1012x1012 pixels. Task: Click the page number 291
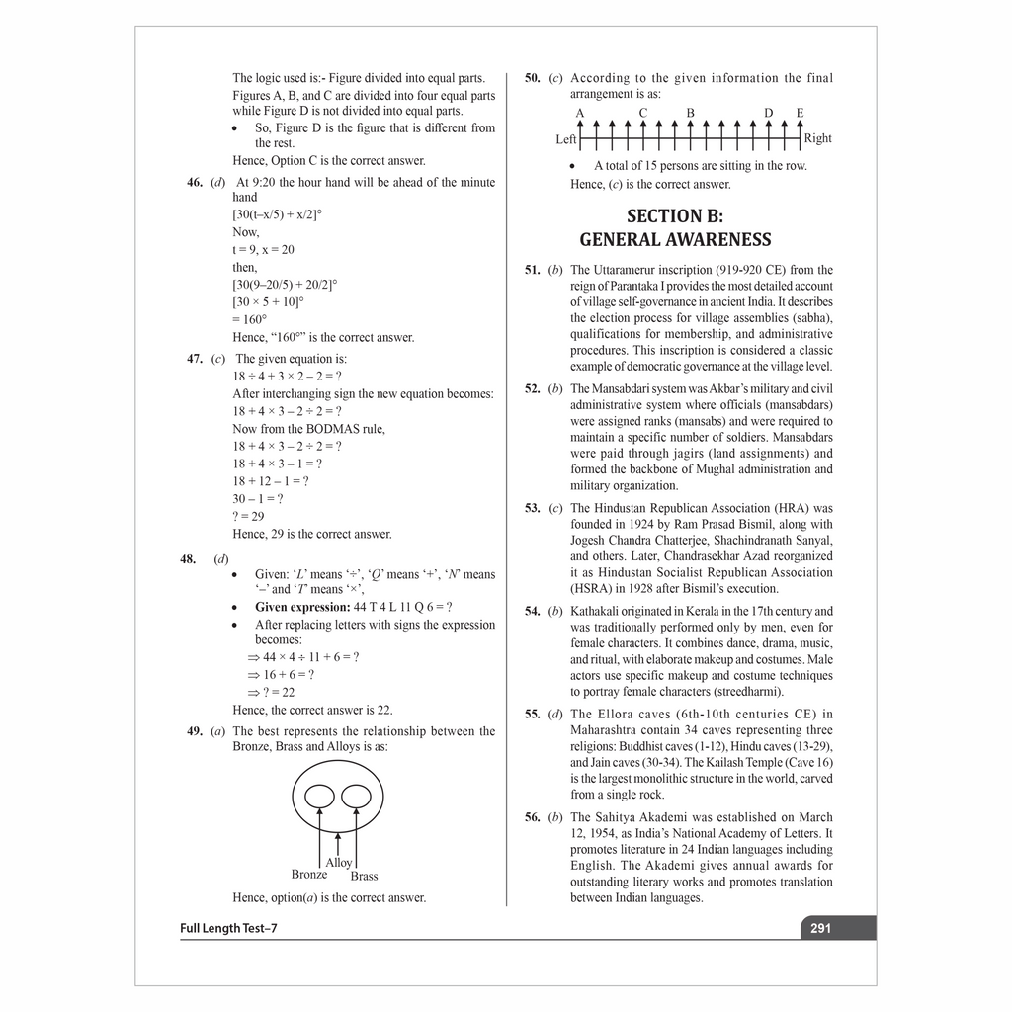click(820, 928)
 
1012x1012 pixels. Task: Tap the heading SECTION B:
click(675, 215)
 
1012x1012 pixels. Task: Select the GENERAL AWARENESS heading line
click(675, 240)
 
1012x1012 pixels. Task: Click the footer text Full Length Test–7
click(228, 928)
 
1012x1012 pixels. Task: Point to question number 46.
click(195, 182)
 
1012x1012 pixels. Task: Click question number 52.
click(533, 388)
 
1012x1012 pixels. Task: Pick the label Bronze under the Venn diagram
click(309, 875)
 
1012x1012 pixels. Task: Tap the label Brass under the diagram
click(364, 876)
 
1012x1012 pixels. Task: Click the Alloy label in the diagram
click(339, 863)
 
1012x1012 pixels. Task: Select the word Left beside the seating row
click(566, 139)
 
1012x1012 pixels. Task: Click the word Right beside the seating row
click(818, 138)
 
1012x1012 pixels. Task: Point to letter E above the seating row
click(800, 113)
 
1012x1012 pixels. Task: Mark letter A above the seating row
click(580, 113)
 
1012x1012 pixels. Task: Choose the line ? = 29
click(249, 516)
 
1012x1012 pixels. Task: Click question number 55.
click(533, 714)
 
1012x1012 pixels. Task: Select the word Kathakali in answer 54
click(598, 611)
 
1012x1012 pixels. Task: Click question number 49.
click(195, 731)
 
